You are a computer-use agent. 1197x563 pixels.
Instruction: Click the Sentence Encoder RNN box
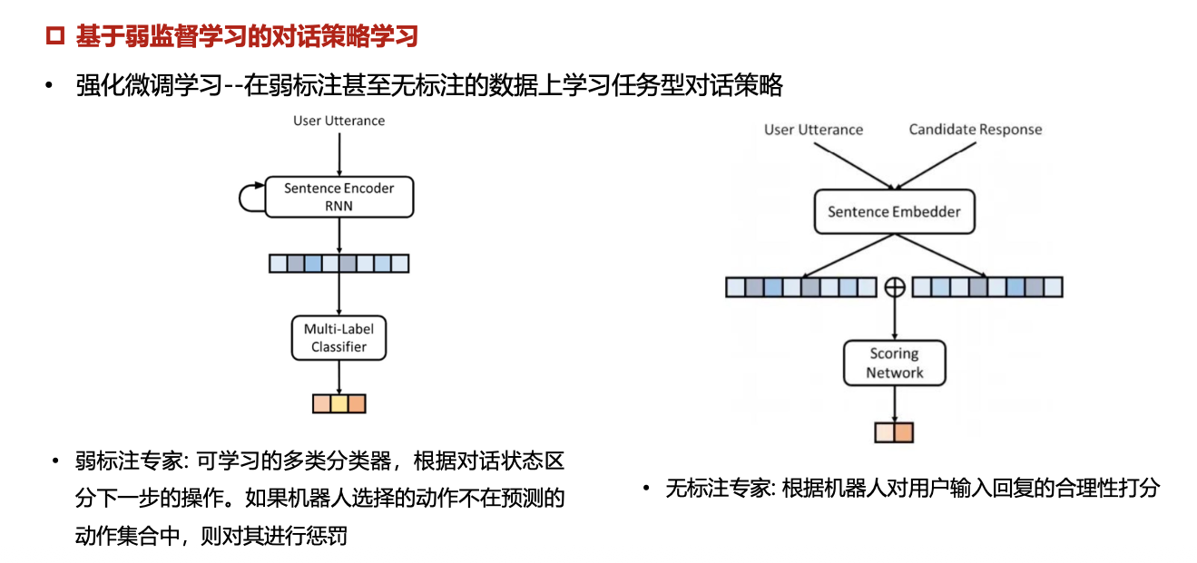pyautogui.click(x=338, y=197)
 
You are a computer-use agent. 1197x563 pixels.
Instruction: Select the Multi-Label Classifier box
pyautogui.click(x=338, y=337)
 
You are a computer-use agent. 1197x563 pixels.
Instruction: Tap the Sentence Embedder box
pyautogui.click(x=894, y=212)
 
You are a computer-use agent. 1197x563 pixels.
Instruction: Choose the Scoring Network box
pyautogui.click(x=894, y=363)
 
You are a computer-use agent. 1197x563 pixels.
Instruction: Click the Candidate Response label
pyautogui.click(x=976, y=130)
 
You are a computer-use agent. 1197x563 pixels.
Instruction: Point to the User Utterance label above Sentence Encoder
pyautogui.click(x=338, y=121)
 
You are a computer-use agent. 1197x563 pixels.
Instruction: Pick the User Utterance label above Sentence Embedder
pyautogui.click(x=813, y=130)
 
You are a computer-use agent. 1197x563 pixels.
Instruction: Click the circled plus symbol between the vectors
pyautogui.click(x=895, y=287)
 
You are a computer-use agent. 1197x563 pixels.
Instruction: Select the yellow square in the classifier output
pyautogui.click(x=338, y=403)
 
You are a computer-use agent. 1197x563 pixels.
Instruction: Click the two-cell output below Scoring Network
pyautogui.click(x=894, y=432)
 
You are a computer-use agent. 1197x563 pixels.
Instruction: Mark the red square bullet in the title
pyautogui.click(x=55, y=37)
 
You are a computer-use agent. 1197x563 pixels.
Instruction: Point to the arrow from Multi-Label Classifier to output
pyautogui.click(x=338, y=376)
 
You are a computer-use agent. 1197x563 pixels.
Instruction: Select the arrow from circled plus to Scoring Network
pyautogui.click(x=895, y=317)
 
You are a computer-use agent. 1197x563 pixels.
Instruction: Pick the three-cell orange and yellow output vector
pyautogui.click(x=338, y=403)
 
